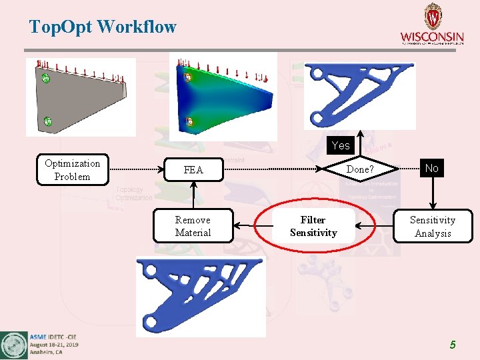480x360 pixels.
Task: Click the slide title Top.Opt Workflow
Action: point(103,27)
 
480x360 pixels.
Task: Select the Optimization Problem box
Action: point(72,170)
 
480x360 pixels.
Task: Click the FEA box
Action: point(193,170)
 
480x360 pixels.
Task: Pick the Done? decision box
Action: point(360,169)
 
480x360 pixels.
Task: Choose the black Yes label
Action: point(341,145)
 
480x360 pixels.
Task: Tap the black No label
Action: point(432,168)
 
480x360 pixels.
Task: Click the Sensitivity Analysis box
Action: point(433,227)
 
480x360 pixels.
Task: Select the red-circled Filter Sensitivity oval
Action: point(313,227)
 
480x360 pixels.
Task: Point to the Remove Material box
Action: point(193,226)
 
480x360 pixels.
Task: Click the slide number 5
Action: point(453,345)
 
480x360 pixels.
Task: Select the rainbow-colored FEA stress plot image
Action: point(223,99)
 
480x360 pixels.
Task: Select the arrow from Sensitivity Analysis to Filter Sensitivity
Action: point(375,226)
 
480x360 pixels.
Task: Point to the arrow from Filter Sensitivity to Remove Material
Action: point(253,226)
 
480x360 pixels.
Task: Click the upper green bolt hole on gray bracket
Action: point(46,79)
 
